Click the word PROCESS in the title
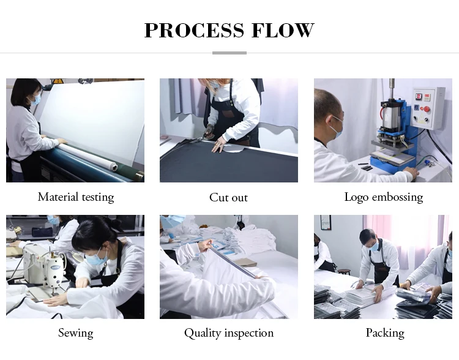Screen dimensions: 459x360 click(x=194, y=30)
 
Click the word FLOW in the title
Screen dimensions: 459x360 click(x=283, y=30)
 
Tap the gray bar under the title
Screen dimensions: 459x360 click(x=229, y=53)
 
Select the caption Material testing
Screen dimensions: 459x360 click(x=76, y=197)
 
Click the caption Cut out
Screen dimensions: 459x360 click(x=229, y=197)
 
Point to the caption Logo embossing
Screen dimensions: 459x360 click(x=384, y=197)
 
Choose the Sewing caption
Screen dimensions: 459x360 click(x=75, y=333)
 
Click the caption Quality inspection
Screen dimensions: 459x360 click(x=229, y=333)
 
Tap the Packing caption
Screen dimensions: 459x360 click(x=385, y=333)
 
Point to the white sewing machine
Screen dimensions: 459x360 click(x=44, y=266)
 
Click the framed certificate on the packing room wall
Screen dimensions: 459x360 click(x=325, y=223)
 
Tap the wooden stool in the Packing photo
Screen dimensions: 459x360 click(x=344, y=272)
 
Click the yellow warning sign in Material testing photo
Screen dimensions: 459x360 click(x=58, y=81)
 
